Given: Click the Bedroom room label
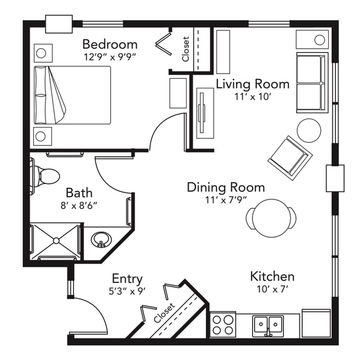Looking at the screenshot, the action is click(x=110, y=44).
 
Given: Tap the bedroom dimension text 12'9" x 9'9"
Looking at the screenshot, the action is click(x=110, y=57).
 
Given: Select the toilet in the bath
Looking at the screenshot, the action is click(x=45, y=176).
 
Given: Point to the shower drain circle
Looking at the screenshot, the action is click(x=56, y=240).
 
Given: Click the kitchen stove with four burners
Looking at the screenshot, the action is click(x=223, y=325).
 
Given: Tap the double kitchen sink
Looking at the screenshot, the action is click(x=268, y=326).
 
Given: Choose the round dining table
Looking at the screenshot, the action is click(x=271, y=218).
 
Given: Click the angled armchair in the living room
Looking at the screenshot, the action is click(x=290, y=158).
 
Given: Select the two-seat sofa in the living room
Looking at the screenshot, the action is click(x=312, y=83).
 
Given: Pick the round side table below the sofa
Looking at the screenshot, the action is click(x=309, y=131).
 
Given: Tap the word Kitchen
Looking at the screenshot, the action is click(x=272, y=277).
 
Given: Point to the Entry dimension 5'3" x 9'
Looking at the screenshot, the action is click(x=127, y=292).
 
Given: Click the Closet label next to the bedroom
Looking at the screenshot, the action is click(x=186, y=49).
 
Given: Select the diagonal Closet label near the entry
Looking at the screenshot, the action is click(x=165, y=313).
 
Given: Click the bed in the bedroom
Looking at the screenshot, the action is click(x=73, y=95).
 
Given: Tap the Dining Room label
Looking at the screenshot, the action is click(x=226, y=187).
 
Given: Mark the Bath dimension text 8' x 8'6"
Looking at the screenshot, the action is click(x=79, y=206).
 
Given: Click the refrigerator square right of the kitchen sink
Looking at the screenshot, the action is click(x=316, y=323).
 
